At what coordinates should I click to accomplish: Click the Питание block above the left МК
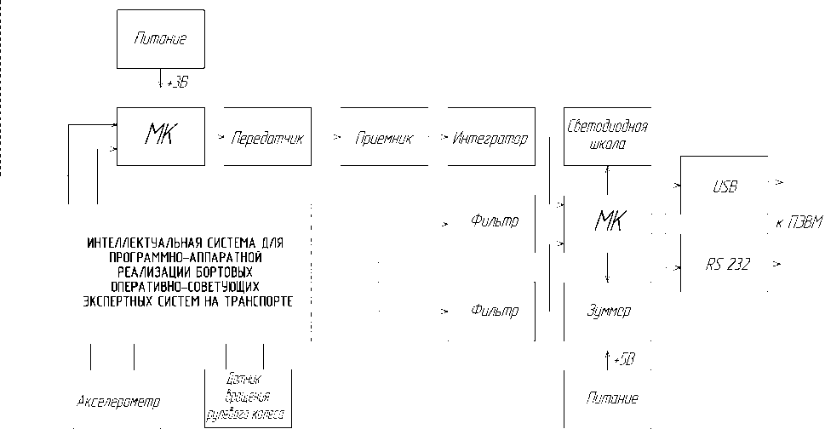tap(160, 39)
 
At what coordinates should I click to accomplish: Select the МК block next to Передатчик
tap(160, 136)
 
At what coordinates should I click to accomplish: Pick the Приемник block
tap(383, 137)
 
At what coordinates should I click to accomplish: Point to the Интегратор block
tap(490, 137)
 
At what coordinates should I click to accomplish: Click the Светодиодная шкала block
tap(607, 136)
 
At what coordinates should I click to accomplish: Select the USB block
tap(725, 186)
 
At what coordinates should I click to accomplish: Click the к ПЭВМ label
tap(799, 223)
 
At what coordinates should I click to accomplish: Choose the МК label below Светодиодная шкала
tap(608, 223)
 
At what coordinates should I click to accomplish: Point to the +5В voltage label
tap(623, 361)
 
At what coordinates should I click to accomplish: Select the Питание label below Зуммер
tap(612, 398)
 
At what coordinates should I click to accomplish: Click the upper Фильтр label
tap(494, 222)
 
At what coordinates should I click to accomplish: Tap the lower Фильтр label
tap(494, 311)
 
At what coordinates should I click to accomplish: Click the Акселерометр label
tap(118, 401)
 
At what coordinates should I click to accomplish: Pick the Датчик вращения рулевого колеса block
tap(249, 398)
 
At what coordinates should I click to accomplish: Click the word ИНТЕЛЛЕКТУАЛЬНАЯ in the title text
tap(143, 243)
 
